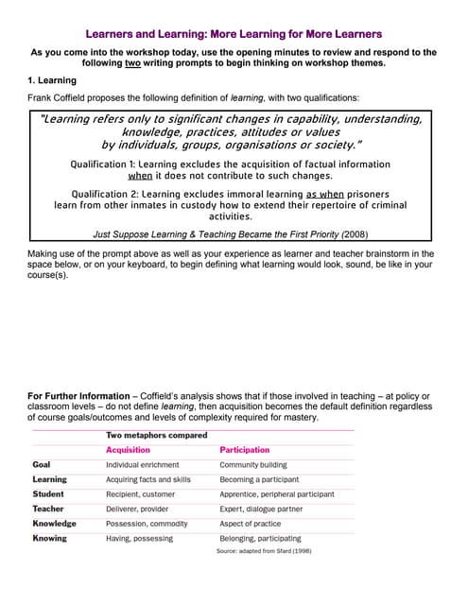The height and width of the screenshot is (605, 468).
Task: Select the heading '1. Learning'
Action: [52, 80]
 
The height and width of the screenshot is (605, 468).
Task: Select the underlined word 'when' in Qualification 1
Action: [140, 176]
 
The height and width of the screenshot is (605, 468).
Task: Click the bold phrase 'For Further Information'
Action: [78, 395]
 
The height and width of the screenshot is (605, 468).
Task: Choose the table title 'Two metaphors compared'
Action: [156, 435]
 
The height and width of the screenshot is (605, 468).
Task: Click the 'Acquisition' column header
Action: [128, 450]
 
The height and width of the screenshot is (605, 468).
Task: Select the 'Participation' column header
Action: [245, 450]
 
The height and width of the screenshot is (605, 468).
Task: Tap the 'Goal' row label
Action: [42, 465]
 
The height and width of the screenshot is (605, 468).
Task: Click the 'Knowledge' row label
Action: [54, 523]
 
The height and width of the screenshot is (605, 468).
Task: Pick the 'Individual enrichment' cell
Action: [144, 465]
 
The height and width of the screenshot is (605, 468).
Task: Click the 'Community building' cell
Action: [253, 465]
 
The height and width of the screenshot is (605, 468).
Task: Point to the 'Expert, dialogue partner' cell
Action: [262, 509]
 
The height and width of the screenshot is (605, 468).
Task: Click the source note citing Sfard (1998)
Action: [264, 551]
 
